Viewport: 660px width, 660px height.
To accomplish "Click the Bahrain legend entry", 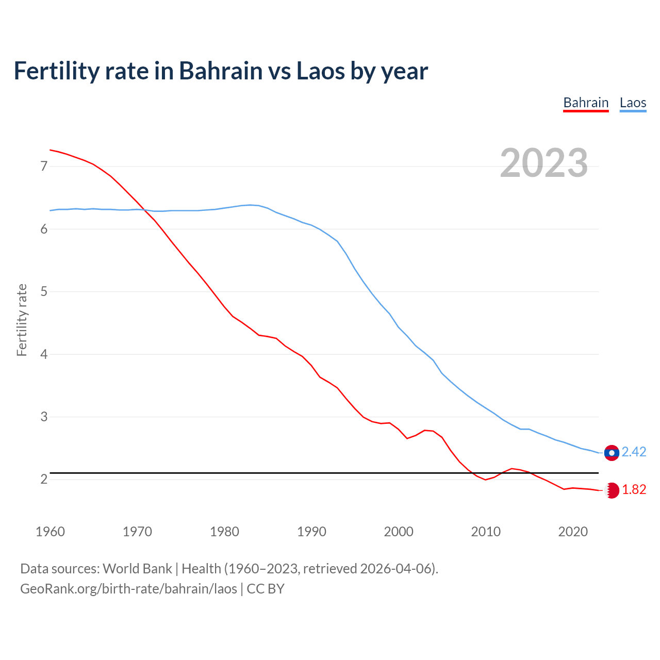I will click(586, 103).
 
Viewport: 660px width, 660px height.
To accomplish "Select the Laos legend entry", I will click(633, 103).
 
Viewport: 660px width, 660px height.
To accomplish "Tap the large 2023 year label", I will click(544, 163).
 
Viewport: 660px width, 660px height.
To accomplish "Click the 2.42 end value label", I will click(634, 452).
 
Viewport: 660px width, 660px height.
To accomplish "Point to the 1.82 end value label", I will click(634, 490).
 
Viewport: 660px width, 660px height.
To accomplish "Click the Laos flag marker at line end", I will click(612, 453).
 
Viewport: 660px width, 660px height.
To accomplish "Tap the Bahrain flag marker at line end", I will click(612, 490).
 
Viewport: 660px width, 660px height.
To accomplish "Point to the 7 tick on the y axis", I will click(43, 167).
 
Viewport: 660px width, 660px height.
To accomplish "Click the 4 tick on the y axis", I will click(43, 355).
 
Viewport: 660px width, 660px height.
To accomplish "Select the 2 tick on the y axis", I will click(43, 480).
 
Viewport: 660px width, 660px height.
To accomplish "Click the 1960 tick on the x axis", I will click(50, 532).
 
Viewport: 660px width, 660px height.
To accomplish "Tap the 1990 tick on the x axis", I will click(311, 532).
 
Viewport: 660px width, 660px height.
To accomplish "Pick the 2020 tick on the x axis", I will click(573, 532).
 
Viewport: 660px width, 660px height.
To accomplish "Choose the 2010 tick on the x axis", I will click(486, 532).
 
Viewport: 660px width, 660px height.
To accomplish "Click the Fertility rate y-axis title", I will click(22, 320).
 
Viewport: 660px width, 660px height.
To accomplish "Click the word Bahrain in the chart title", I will click(221, 71).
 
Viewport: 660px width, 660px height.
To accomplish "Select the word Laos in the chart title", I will click(320, 71).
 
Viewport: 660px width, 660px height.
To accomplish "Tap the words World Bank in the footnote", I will click(137, 569).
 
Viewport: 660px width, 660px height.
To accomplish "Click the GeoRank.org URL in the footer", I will click(128, 589).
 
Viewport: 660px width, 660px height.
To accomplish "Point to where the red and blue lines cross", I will click(143, 209).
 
